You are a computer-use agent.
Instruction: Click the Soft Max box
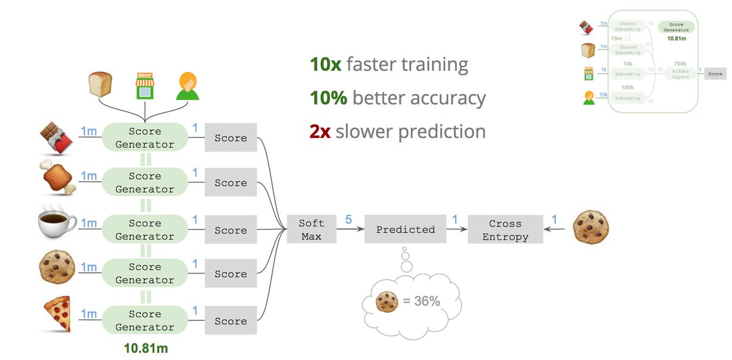[311, 229]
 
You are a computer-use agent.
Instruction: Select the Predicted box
[405, 229]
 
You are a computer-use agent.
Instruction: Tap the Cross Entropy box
[505, 229]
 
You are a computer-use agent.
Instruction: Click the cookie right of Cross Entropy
[591, 228]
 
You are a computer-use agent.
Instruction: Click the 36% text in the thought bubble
[422, 301]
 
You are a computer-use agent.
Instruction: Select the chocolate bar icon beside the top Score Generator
[57, 137]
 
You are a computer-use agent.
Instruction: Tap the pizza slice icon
[57, 314]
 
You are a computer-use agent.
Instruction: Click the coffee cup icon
[57, 226]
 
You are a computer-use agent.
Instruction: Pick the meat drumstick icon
[57, 179]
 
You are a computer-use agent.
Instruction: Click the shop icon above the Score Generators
[145, 87]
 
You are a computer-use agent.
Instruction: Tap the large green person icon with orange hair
[187, 86]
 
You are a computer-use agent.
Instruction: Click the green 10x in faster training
[325, 64]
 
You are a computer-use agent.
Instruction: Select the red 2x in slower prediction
[320, 131]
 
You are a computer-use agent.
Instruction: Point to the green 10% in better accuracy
[328, 98]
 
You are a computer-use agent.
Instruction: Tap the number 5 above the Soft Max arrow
[348, 218]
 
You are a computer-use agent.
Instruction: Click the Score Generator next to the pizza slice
[145, 320]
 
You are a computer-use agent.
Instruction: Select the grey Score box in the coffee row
[231, 230]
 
